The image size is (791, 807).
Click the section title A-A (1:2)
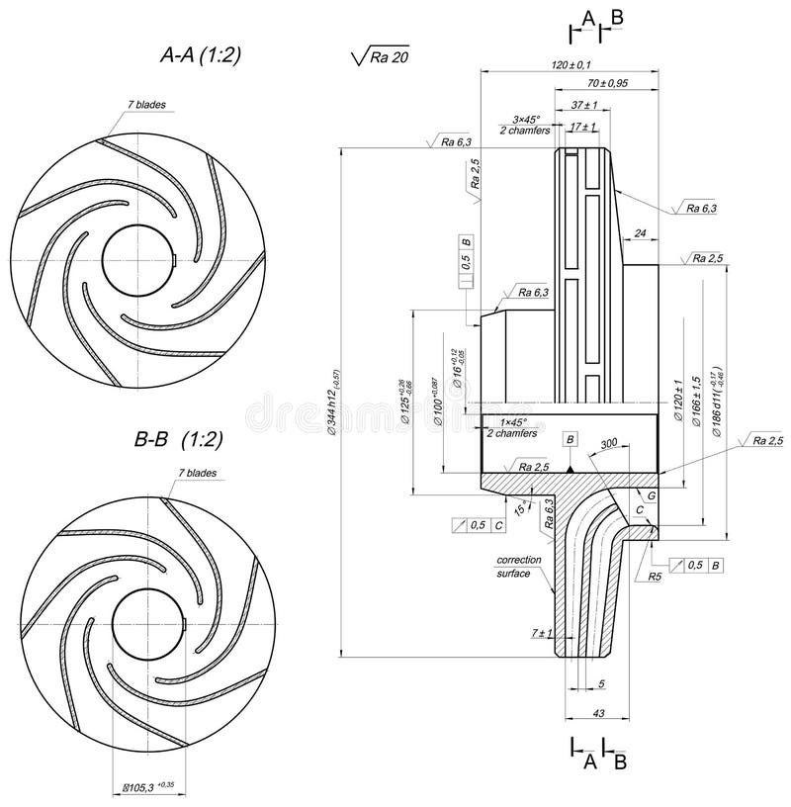pos(201,56)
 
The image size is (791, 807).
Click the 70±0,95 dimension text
pos(607,84)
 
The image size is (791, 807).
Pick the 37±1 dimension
pos(585,105)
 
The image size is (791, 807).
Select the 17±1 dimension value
pos(583,127)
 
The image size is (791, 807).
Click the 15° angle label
pos(522,508)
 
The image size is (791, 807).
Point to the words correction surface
pos(514,567)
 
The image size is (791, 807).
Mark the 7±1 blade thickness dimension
pos(542,632)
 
